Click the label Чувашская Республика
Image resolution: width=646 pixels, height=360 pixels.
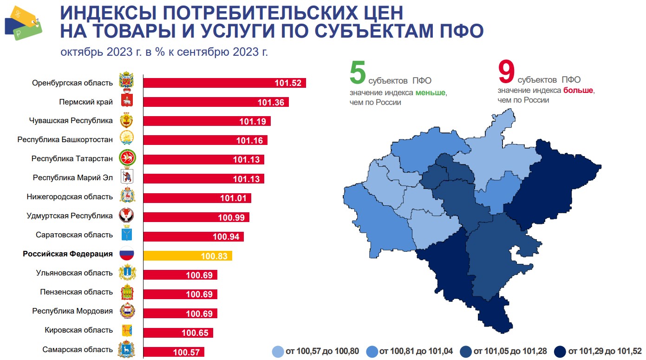(71, 121)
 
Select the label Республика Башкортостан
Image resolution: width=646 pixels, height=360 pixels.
(65, 139)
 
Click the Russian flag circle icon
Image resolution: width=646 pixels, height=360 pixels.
(127, 255)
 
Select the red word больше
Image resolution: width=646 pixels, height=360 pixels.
(578, 91)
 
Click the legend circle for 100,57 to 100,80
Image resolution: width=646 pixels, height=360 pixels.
(277, 351)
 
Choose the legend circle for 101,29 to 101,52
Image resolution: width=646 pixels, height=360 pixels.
(560, 351)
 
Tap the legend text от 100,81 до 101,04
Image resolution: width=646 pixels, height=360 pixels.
(416, 351)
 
